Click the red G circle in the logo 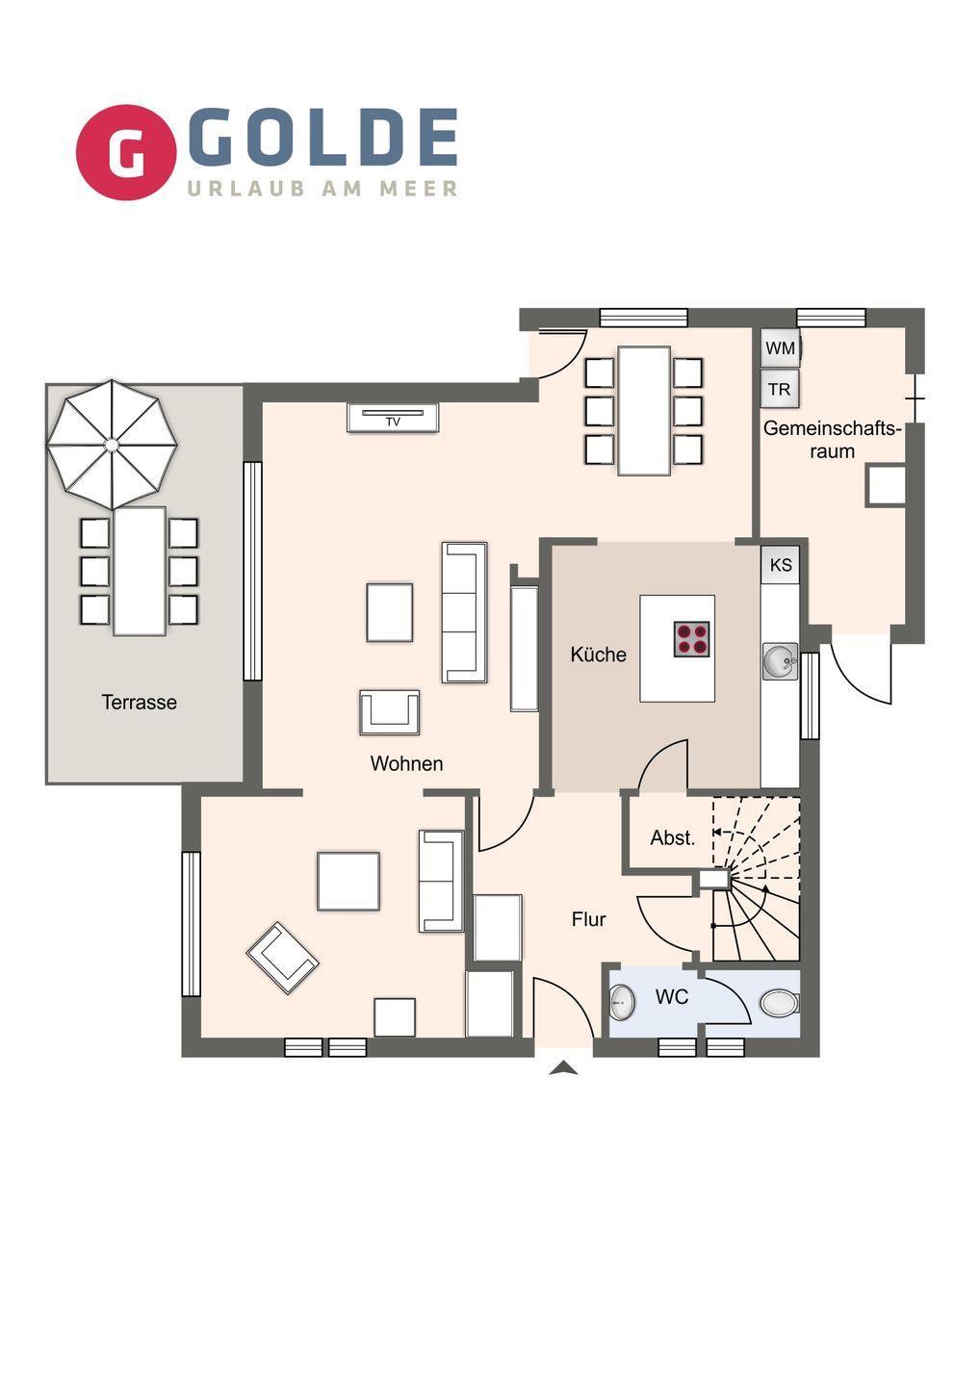pyautogui.click(x=126, y=152)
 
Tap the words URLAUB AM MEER pyautogui.click(x=322, y=189)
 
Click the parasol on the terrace pyautogui.click(x=112, y=445)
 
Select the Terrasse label pyautogui.click(x=140, y=703)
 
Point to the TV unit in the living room pyautogui.click(x=393, y=418)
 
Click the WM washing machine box pyautogui.click(x=780, y=347)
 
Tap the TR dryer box pyautogui.click(x=780, y=389)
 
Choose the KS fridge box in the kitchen pyautogui.click(x=781, y=564)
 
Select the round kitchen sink pyautogui.click(x=780, y=661)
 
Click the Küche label pyautogui.click(x=598, y=654)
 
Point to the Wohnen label pyautogui.click(x=406, y=763)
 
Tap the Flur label pyautogui.click(x=588, y=919)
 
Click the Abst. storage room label pyautogui.click(x=673, y=837)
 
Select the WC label pyautogui.click(x=672, y=997)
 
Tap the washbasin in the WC pyautogui.click(x=623, y=1002)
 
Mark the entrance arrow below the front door pyautogui.click(x=563, y=1067)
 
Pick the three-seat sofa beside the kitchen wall pyautogui.click(x=465, y=612)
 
